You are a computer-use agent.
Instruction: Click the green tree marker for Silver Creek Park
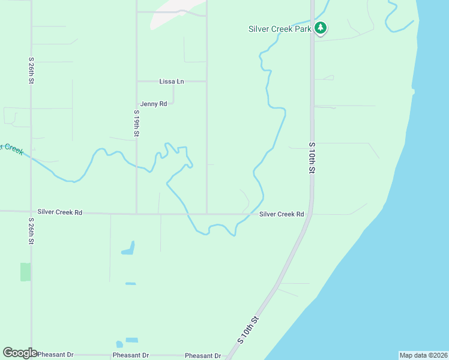[x=321, y=28]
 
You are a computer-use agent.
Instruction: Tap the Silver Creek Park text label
[x=280, y=29]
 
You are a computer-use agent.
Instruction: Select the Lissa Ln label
[x=172, y=82]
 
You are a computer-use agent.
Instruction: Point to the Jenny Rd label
[x=154, y=104]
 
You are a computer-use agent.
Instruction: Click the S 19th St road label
[x=137, y=123]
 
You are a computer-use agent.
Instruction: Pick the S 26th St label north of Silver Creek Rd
[x=31, y=71]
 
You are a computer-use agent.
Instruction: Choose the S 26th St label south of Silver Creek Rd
[x=31, y=231]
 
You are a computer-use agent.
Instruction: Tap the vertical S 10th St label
[x=312, y=158]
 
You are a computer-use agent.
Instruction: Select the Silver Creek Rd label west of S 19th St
[x=59, y=212]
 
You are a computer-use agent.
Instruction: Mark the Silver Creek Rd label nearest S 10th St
[x=282, y=214]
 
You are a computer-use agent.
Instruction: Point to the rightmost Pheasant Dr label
[x=203, y=356]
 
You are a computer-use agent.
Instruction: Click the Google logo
[x=20, y=353]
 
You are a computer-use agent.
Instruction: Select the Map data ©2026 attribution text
[x=423, y=355]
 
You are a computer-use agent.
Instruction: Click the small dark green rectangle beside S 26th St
[x=25, y=272]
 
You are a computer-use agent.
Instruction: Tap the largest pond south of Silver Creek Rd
[x=128, y=248]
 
